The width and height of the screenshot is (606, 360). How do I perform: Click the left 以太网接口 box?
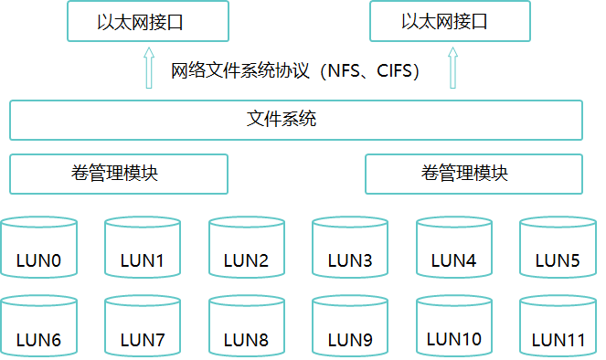pyautogui.click(x=145, y=22)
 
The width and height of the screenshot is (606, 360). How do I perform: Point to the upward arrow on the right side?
pyautogui.click(x=451, y=69)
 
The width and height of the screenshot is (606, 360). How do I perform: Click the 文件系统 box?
pyautogui.click(x=295, y=120)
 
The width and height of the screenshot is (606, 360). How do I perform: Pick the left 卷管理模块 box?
pyautogui.click(x=118, y=174)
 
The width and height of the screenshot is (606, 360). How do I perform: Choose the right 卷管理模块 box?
pyautogui.click(x=473, y=174)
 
